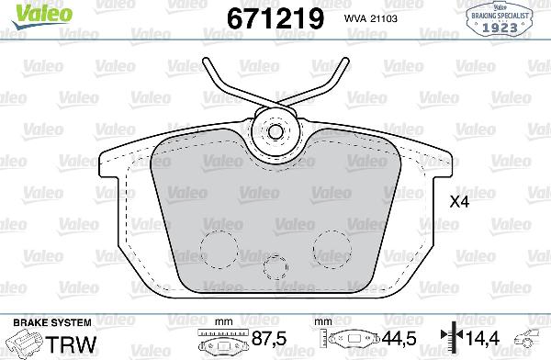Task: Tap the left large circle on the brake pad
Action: point(218,243)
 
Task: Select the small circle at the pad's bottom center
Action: point(275,268)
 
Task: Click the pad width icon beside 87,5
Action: point(219,341)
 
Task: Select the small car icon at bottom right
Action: point(529,339)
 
